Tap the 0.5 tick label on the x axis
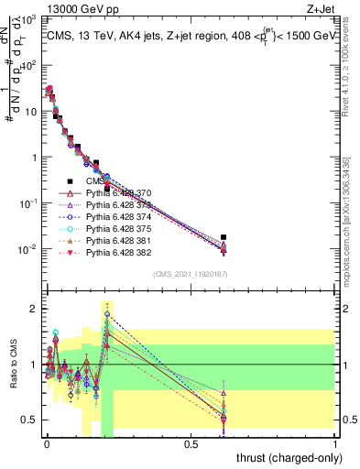point(191,444)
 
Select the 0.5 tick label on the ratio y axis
point(29,420)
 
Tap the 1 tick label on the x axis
point(335,444)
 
